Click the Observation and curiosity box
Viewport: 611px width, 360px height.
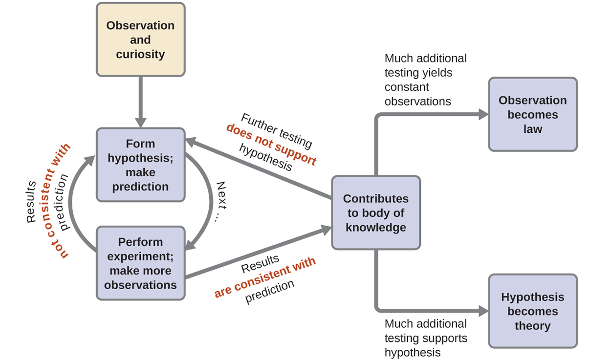tap(140, 40)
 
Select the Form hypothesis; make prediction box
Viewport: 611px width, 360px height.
tap(140, 165)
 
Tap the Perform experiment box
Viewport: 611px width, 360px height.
tap(140, 263)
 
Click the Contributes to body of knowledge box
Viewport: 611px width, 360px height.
tap(375, 213)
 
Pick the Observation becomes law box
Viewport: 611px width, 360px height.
tap(532, 115)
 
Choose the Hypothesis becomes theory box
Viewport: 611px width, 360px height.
tap(532, 311)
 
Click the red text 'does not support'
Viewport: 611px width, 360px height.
tap(271, 145)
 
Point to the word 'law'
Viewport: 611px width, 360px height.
tap(532, 129)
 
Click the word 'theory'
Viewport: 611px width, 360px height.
tap(532, 326)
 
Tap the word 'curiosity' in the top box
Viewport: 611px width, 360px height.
tap(140, 54)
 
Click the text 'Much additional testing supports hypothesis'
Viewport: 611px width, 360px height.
tap(426, 338)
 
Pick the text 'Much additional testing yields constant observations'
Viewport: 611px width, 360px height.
tap(425, 80)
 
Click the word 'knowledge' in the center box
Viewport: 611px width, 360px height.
tap(375, 228)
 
